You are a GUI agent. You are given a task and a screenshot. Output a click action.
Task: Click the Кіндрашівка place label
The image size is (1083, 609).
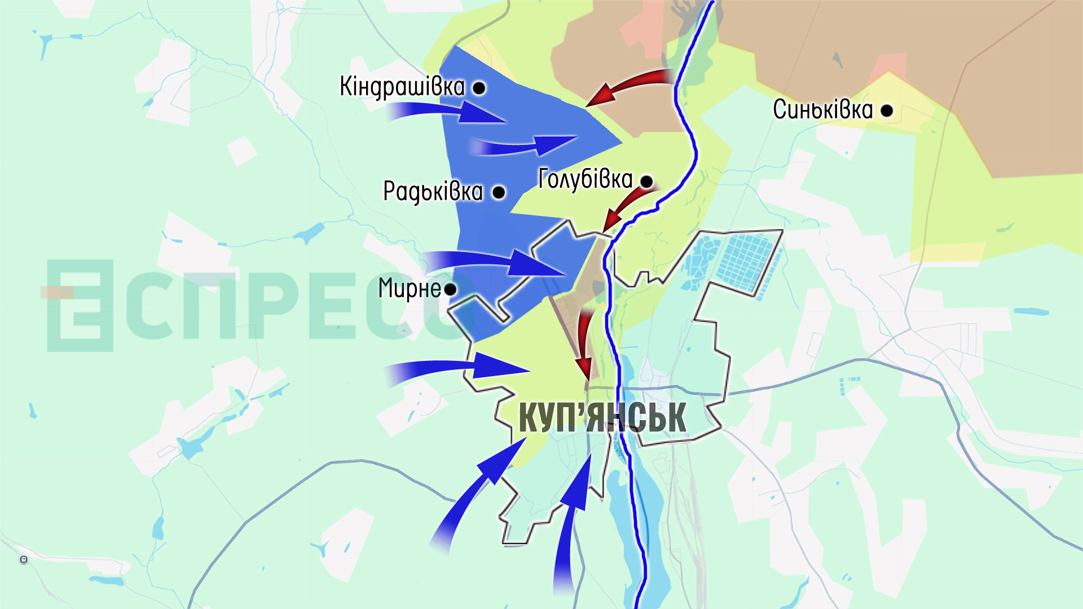pos(402,87)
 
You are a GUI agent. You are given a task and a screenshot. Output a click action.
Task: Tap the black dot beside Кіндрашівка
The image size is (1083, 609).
pos(479,88)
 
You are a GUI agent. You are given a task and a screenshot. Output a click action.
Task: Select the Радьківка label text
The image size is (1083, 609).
pos(433,192)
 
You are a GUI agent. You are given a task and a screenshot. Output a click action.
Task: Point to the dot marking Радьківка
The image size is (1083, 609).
pos(499,192)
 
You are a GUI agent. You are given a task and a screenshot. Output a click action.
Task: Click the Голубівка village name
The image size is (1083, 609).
pos(585,179)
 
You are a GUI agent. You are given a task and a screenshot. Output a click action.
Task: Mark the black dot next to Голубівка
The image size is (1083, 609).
pos(646,182)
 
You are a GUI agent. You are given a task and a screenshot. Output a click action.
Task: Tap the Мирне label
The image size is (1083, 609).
pos(410,289)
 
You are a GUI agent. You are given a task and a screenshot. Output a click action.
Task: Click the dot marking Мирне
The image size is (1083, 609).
pos(450,290)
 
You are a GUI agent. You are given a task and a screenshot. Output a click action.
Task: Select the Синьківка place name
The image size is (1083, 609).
pos(822,109)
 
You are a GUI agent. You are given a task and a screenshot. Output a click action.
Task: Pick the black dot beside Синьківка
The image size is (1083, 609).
pos(887,111)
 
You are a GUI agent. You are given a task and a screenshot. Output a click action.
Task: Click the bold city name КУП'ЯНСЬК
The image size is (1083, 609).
pos(602,417)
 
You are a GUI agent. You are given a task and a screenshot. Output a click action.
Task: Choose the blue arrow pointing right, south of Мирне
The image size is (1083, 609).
pos(463,368)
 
